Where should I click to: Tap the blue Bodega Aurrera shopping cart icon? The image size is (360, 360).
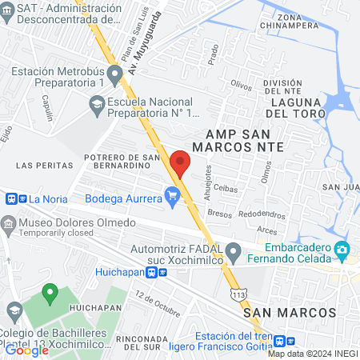click(x=171, y=194)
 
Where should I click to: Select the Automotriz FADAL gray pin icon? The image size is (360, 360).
click(x=234, y=252)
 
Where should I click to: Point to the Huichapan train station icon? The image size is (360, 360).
click(x=162, y=271)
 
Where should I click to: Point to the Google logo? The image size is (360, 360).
click(x=26, y=350)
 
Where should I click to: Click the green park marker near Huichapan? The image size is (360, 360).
click(x=49, y=294)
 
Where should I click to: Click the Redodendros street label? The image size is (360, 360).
click(x=262, y=214)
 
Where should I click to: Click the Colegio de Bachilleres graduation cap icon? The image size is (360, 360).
click(x=14, y=310)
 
